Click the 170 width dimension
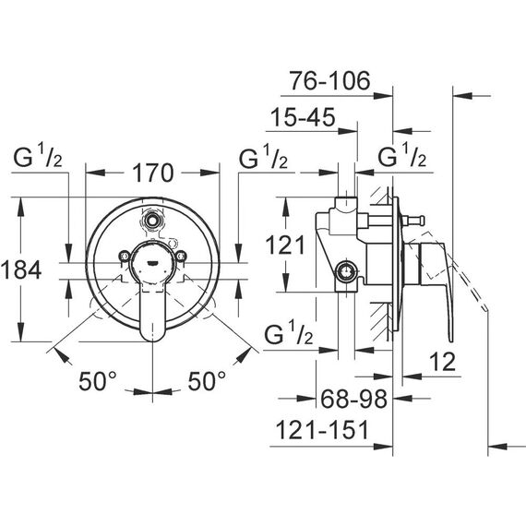(153, 173)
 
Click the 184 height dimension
(21, 269)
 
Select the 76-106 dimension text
(330, 81)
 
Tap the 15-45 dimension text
(303, 117)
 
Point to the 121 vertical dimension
(285, 245)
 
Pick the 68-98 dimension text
(354, 399)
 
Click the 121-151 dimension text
(322, 430)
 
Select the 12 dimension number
(442, 362)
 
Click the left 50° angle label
(98, 381)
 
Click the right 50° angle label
(207, 381)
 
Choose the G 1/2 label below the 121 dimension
(289, 332)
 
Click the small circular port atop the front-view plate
(153, 221)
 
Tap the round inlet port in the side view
(345, 271)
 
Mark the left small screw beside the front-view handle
(125, 256)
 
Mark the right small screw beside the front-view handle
(181, 256)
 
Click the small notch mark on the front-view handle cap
(153, 262)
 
